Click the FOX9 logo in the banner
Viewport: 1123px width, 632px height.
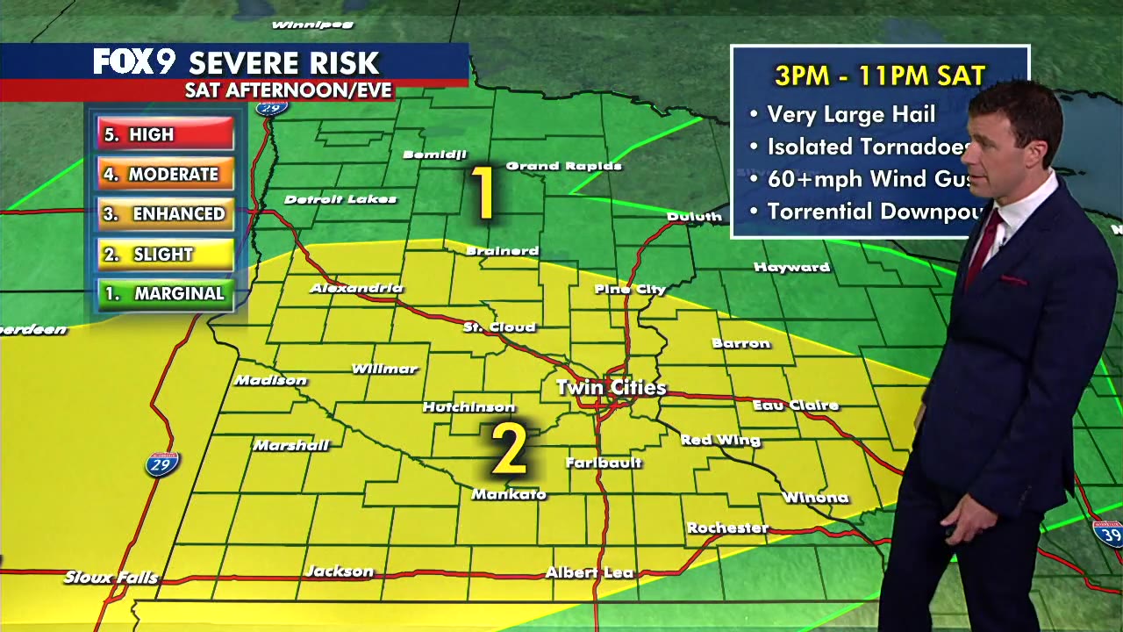(134, 62)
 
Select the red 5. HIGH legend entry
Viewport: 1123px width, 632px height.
(165, 134)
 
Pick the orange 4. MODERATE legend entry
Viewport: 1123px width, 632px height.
(165, 174)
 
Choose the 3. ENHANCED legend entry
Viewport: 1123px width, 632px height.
(165, 214)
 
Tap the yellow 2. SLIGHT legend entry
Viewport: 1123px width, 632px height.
(165, 254)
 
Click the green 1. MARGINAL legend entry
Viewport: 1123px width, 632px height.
(165, 294)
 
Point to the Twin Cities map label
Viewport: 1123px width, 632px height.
(611, 387)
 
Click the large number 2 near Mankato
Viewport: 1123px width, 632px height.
(508, 449)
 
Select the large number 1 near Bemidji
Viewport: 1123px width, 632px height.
(483, 192)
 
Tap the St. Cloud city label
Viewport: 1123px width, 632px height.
(499, 327)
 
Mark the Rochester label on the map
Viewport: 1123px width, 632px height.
(727, 528)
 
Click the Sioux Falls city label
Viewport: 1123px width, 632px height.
(111, 577)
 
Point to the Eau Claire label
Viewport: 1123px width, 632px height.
(796, 405)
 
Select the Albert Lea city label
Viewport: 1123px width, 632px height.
(589, 572)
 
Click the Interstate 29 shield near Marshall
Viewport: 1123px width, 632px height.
(162, 464)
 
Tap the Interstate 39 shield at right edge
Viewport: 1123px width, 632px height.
(1107, 533)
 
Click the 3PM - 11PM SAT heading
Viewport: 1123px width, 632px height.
(879, 75)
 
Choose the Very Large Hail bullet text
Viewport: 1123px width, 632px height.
(850, 114)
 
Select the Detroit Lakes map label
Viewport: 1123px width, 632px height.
(340, 199)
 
